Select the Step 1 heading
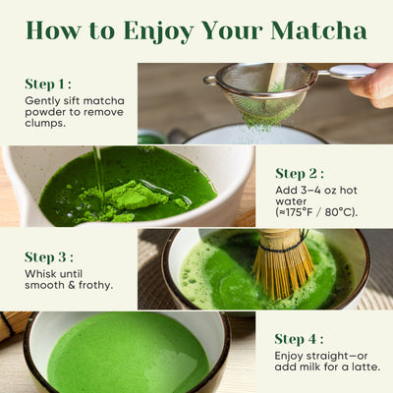[48, 84]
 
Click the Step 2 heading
[301, 173]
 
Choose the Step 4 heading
[302, 339]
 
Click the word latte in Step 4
[365, 366]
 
